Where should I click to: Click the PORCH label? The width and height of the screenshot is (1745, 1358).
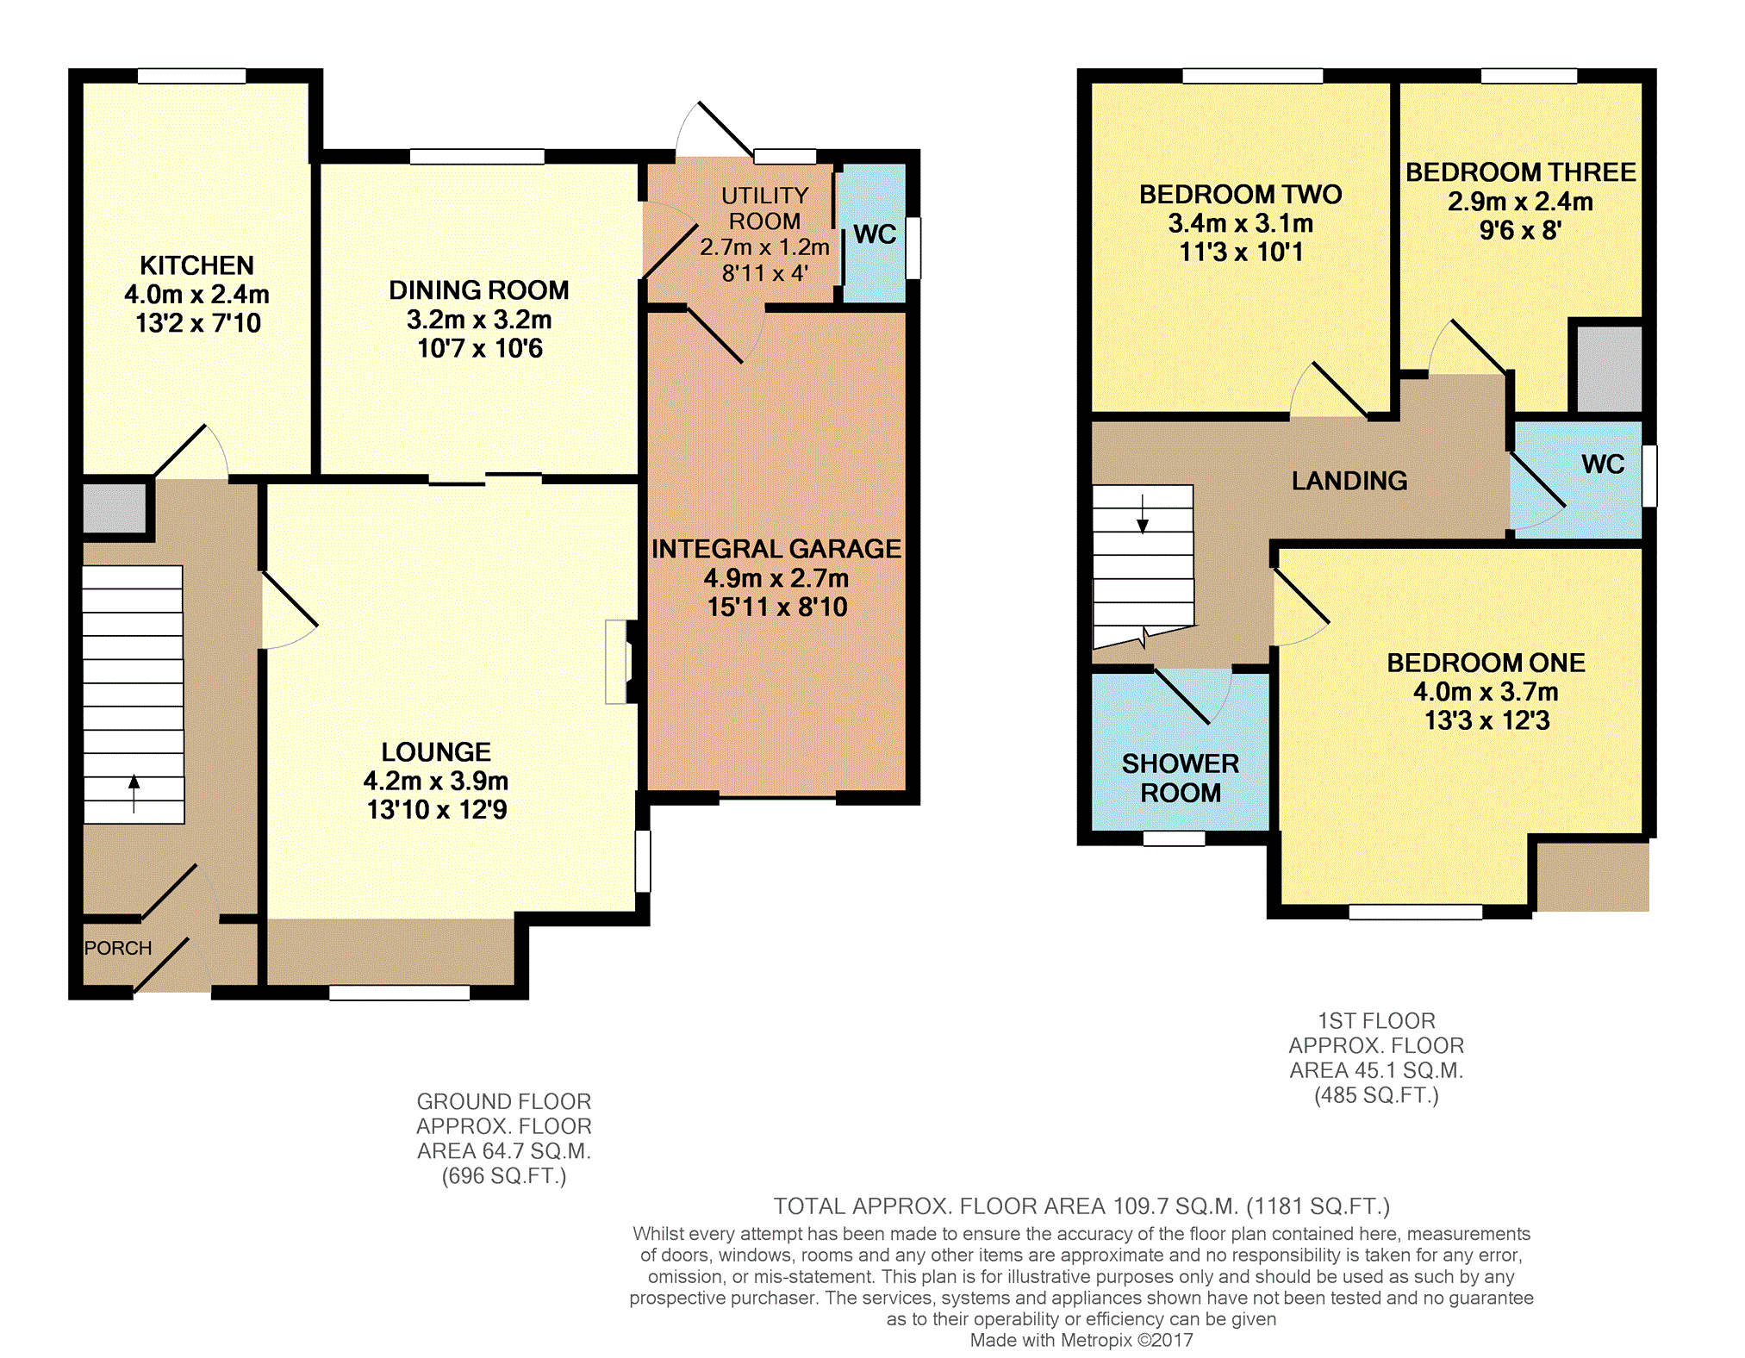[118, 948]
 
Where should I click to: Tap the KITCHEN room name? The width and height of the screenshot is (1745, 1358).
[197, 265]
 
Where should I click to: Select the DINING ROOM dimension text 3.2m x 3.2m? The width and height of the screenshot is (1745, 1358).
[479, 320]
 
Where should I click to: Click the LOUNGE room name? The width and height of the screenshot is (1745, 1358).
[436, 752]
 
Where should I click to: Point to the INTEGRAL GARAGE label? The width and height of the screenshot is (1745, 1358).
[776, 549]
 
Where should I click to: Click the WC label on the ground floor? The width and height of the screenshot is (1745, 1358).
[875, 234]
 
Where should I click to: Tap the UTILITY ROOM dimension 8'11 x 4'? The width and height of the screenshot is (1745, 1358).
[765, 274]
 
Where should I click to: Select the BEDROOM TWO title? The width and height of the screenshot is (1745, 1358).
[1241, 195]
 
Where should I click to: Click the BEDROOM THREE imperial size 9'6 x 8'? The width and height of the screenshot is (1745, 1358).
[1521, 231]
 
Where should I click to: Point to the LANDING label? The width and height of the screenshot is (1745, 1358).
[1349, 481]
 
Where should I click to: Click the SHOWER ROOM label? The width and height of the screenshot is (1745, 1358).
[1181, 778]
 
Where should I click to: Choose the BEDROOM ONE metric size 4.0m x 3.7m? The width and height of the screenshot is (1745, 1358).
[1486, 692]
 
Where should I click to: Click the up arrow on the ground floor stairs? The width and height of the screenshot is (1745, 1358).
[134, 794]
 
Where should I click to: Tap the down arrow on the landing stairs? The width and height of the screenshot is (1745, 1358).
[1143, 514]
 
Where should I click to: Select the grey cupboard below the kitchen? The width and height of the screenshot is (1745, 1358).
[115, 508]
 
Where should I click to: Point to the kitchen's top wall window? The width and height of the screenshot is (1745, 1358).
[191, 76]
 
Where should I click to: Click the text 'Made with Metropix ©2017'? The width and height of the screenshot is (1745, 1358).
[1081, 1340]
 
